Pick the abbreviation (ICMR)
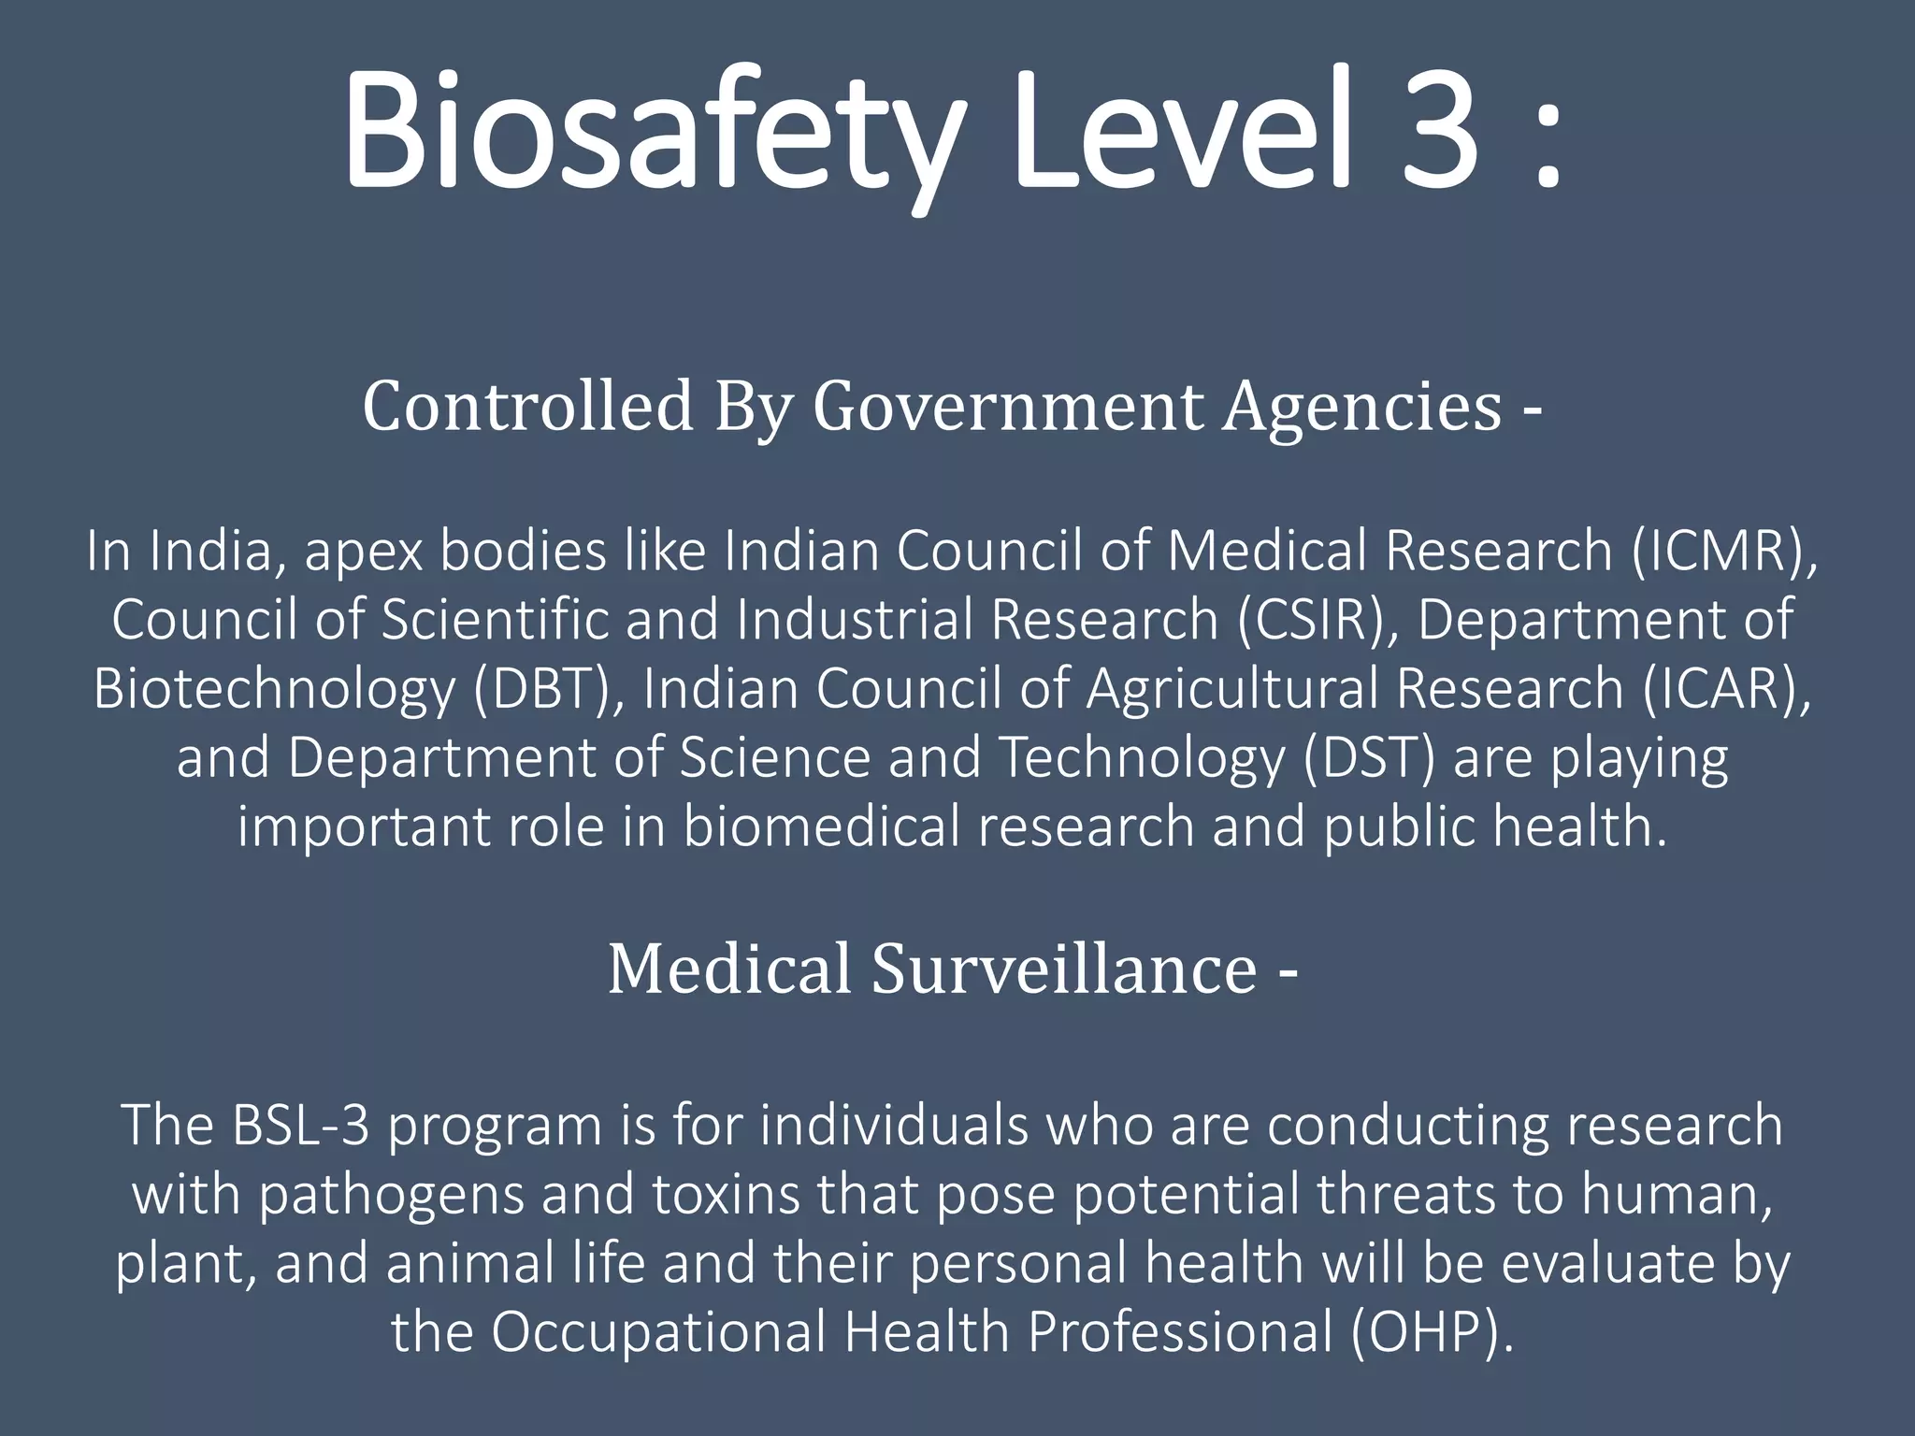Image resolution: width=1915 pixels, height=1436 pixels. coord(1721,552)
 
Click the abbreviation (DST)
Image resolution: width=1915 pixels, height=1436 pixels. coord(1369,757)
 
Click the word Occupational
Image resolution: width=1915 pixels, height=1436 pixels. coord(658,1331)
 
